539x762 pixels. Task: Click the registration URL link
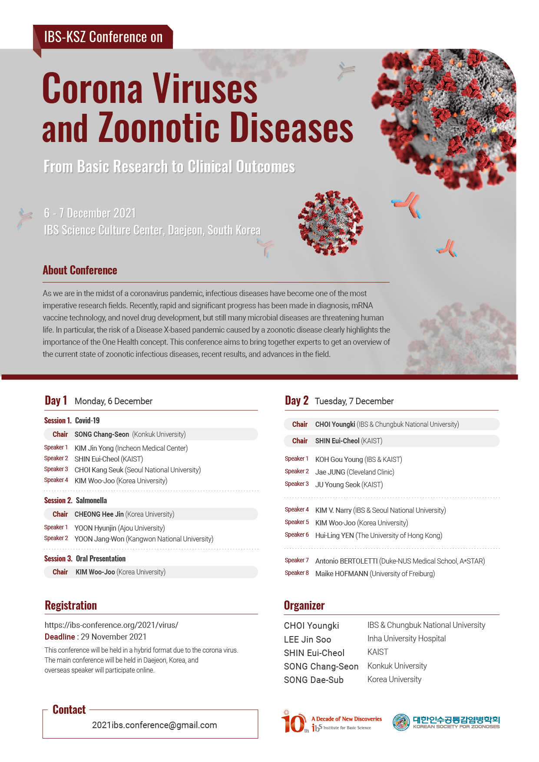(111, 625)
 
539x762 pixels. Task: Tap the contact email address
(154, 725)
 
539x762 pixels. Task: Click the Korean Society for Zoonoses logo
(446, 722)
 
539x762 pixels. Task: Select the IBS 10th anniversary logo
(331, 723)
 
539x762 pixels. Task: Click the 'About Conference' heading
(80, 270)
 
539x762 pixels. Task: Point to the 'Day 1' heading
(56, 400)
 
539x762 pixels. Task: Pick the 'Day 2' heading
(296, 400)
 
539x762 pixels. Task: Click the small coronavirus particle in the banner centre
(331, 222)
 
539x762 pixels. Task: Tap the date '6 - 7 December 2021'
(90, 213)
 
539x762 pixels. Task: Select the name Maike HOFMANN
(341, 574)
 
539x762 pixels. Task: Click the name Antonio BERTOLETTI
(346, 561)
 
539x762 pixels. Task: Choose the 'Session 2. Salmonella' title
(76, 500)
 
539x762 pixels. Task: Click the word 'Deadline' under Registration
(60, 637)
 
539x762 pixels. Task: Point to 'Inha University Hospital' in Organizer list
(407, 639)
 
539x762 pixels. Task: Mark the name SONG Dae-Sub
(314, 680)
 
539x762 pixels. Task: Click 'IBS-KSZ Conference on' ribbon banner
(103, 37)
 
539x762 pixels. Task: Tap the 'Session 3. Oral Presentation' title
(85, 558)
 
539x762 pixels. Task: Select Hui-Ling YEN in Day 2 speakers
(334, 535)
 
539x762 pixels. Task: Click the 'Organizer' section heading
(304, 605)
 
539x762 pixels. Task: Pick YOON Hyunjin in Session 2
(95, 528)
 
